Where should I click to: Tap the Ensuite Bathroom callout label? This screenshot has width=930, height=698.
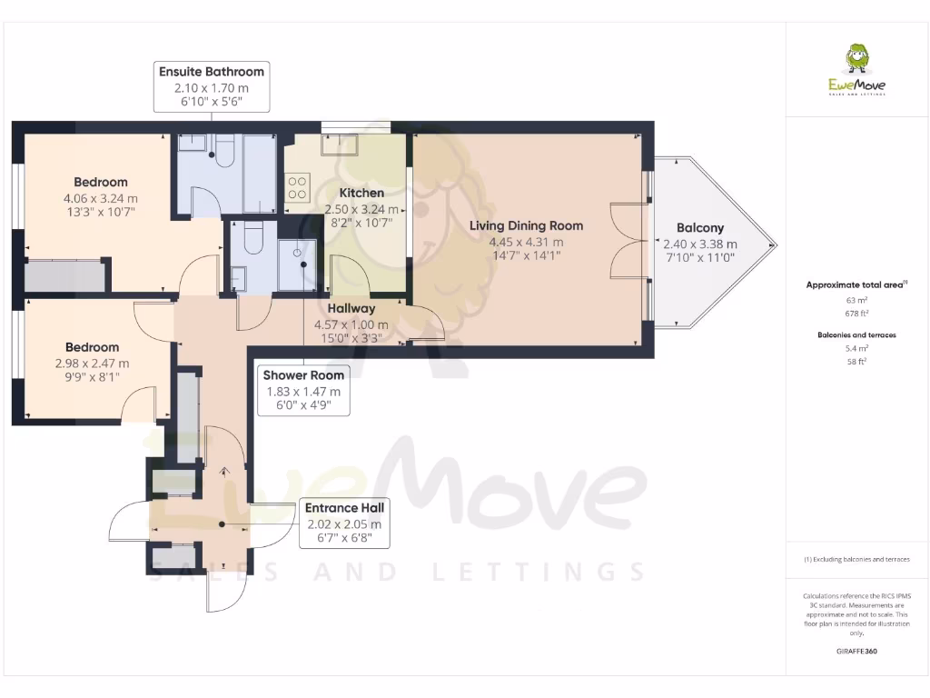click(x=212, y=86)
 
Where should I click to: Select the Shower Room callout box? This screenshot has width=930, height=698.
click(x=303, y=390)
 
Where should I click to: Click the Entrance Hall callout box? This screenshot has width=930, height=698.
click(x=344, y=523)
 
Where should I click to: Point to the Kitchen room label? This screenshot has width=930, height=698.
click(x=361, y=193)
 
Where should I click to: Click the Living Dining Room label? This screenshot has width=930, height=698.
click(x=526, y=225)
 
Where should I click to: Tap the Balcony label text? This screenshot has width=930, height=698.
click(x=700, y=228)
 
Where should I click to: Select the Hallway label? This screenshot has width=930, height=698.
click(x=351, y=309)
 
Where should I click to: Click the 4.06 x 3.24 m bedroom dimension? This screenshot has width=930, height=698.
click(x=101, y=198)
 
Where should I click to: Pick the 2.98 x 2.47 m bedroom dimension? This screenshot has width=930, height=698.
click(x=92, y=364)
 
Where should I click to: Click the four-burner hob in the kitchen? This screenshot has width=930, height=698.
click(x=298, y=187)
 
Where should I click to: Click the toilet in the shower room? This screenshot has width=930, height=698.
click(x=255, y=238)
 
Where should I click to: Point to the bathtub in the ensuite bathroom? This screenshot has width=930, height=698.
click(x=259, y=173)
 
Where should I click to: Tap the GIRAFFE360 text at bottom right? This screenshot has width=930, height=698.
click(x=856, y=651)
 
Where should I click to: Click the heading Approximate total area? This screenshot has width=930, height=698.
click(x=856, y=284)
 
